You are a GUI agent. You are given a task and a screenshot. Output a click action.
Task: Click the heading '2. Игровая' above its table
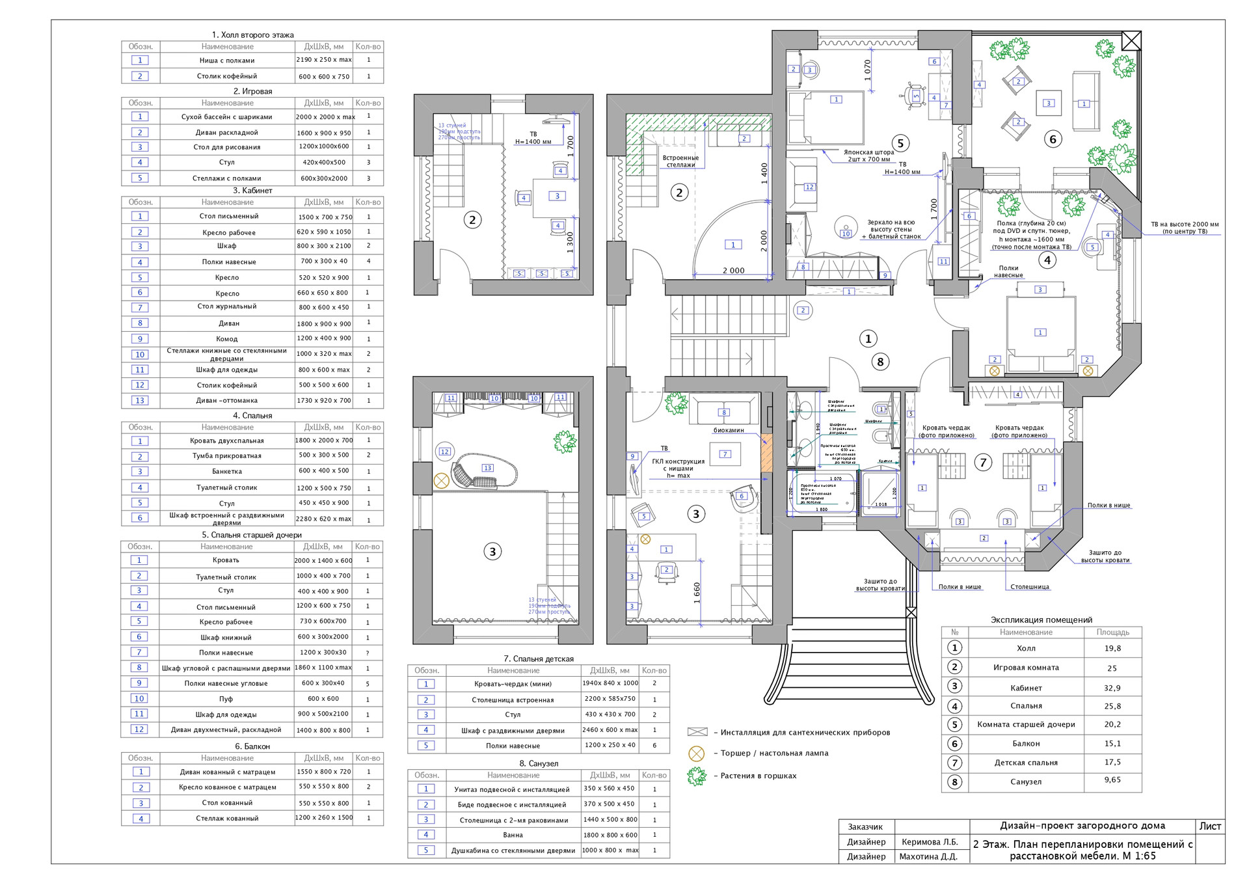[252, 91]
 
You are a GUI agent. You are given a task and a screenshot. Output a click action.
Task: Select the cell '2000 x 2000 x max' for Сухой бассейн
[325, 117]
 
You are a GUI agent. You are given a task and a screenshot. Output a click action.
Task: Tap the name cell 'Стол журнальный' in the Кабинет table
[227, 306]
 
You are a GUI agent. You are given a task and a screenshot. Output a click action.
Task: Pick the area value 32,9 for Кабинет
[1112, 688]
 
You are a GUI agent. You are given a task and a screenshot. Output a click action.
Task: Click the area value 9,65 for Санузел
[1112, 780]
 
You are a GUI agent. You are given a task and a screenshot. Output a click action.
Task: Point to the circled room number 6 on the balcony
[1053, 139]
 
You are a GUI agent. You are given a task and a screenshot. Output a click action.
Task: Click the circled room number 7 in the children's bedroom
[983, 463]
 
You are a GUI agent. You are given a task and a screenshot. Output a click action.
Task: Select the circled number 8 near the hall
[880, 362]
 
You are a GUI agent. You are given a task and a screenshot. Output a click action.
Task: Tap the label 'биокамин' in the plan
[729, 430]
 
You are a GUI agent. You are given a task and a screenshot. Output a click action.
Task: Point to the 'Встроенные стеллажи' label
[680, 161]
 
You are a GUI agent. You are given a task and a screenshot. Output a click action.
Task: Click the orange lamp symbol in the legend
[696, 754]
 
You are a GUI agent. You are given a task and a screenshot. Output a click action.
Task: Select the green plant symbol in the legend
[697, 776]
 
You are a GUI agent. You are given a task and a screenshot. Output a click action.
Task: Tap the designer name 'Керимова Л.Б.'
[929, 842]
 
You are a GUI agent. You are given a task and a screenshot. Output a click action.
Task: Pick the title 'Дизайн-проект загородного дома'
[1082, 826]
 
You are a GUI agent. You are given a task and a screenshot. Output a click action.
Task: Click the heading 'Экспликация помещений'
[1041, 620]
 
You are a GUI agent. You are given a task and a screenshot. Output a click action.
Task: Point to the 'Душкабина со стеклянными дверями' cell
[513, 850]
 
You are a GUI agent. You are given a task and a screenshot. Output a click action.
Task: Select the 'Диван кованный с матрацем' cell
[227, 772]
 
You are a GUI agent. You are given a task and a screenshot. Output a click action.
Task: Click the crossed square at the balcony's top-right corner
[1131, 41]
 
